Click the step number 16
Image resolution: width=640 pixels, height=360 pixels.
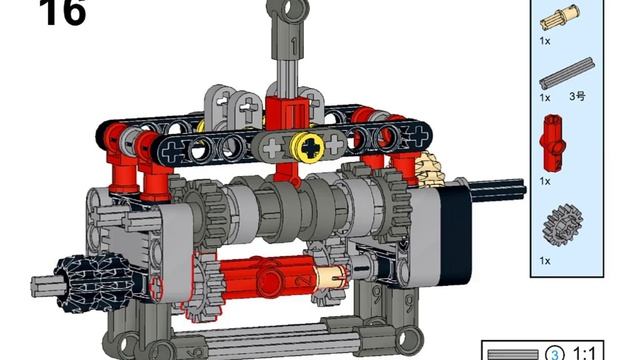tap(62, 12)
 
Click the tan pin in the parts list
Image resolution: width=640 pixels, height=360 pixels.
tap(559, 18)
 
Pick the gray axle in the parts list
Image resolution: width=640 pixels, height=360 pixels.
tap(567, 74)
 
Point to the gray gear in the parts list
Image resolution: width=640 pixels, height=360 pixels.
tap(562, 226)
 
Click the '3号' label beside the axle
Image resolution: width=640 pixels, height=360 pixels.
tap(577, 97)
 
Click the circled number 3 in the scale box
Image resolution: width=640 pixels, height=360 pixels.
tap(555, 354)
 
